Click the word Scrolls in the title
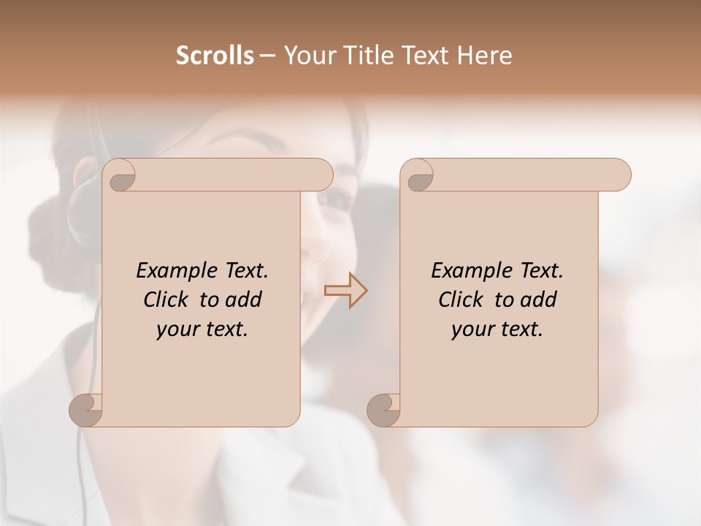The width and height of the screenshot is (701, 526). coord(215,56)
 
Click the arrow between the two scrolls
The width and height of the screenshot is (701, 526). coord(346,291)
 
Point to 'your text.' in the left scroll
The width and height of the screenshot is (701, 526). coord(202,329)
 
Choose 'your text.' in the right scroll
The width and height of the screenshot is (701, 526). coord(497,329)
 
